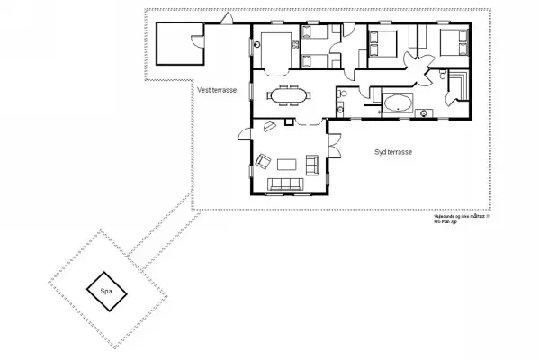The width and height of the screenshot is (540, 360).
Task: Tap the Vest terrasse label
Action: (x=216, y=89)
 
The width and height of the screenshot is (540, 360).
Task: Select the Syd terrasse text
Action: (x=393, y=153)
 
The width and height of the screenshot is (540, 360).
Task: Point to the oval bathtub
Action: (x=397, y=103)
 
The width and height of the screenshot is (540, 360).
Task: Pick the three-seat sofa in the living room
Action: (x=288, y=185)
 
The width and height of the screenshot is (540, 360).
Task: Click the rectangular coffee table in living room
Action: (x=289, y=164)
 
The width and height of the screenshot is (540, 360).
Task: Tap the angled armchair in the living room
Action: (x=264, y=162)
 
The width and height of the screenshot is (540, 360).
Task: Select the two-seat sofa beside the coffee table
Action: (x=313, y=164)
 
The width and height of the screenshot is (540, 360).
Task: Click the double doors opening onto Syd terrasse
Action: (x=333, y=144)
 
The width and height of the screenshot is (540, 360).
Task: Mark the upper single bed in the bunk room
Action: (x=317, y=35)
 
